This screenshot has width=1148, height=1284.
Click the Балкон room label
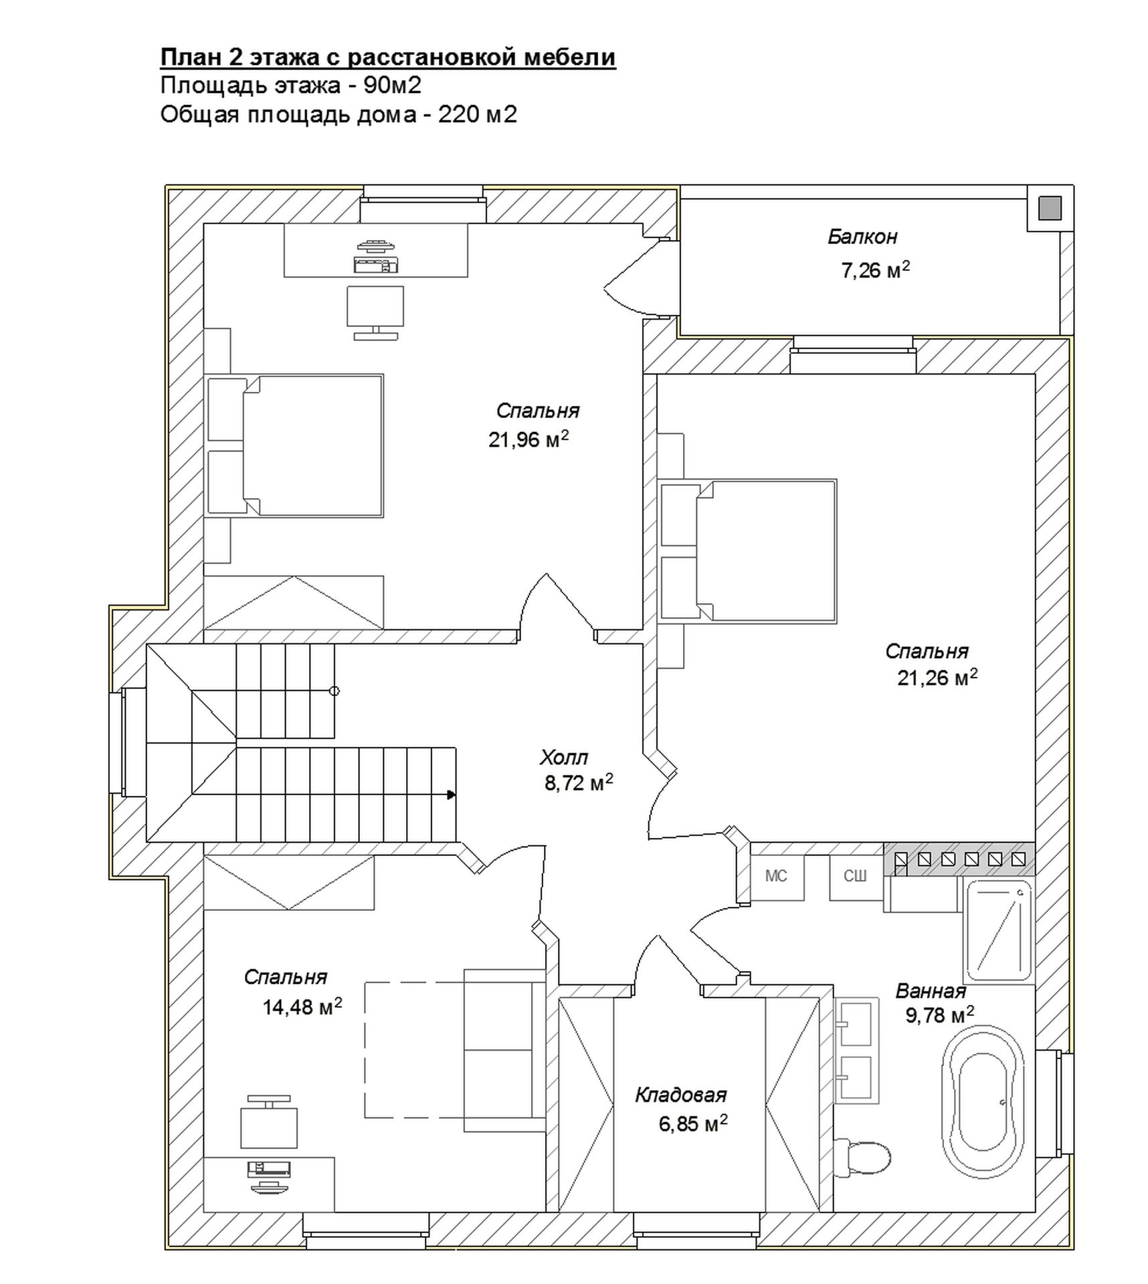click(x=862, y=237)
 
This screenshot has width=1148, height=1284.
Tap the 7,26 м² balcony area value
click(x=876, y=270)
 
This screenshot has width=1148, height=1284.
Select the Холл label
click(x=563, y=758)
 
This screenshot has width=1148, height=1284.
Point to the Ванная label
click(x=931, y=990)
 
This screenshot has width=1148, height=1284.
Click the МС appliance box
click(x=777, y=876)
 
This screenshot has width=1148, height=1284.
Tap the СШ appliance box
click(x=856, y=876)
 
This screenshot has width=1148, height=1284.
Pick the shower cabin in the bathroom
click(x=997, y=930)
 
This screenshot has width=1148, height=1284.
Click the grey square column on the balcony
click(x=1050, y=209)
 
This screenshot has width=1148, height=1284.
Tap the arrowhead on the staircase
click(x=452, y=794)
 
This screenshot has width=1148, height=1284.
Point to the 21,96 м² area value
click(x=529, y=439)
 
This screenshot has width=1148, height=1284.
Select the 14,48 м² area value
click(x=302, y=1006)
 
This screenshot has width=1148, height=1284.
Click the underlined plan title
click(x=388, y=58)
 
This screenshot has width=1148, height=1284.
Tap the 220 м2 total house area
click(x=478, y=115)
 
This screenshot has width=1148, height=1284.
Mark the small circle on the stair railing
click(x=334, y=691)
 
